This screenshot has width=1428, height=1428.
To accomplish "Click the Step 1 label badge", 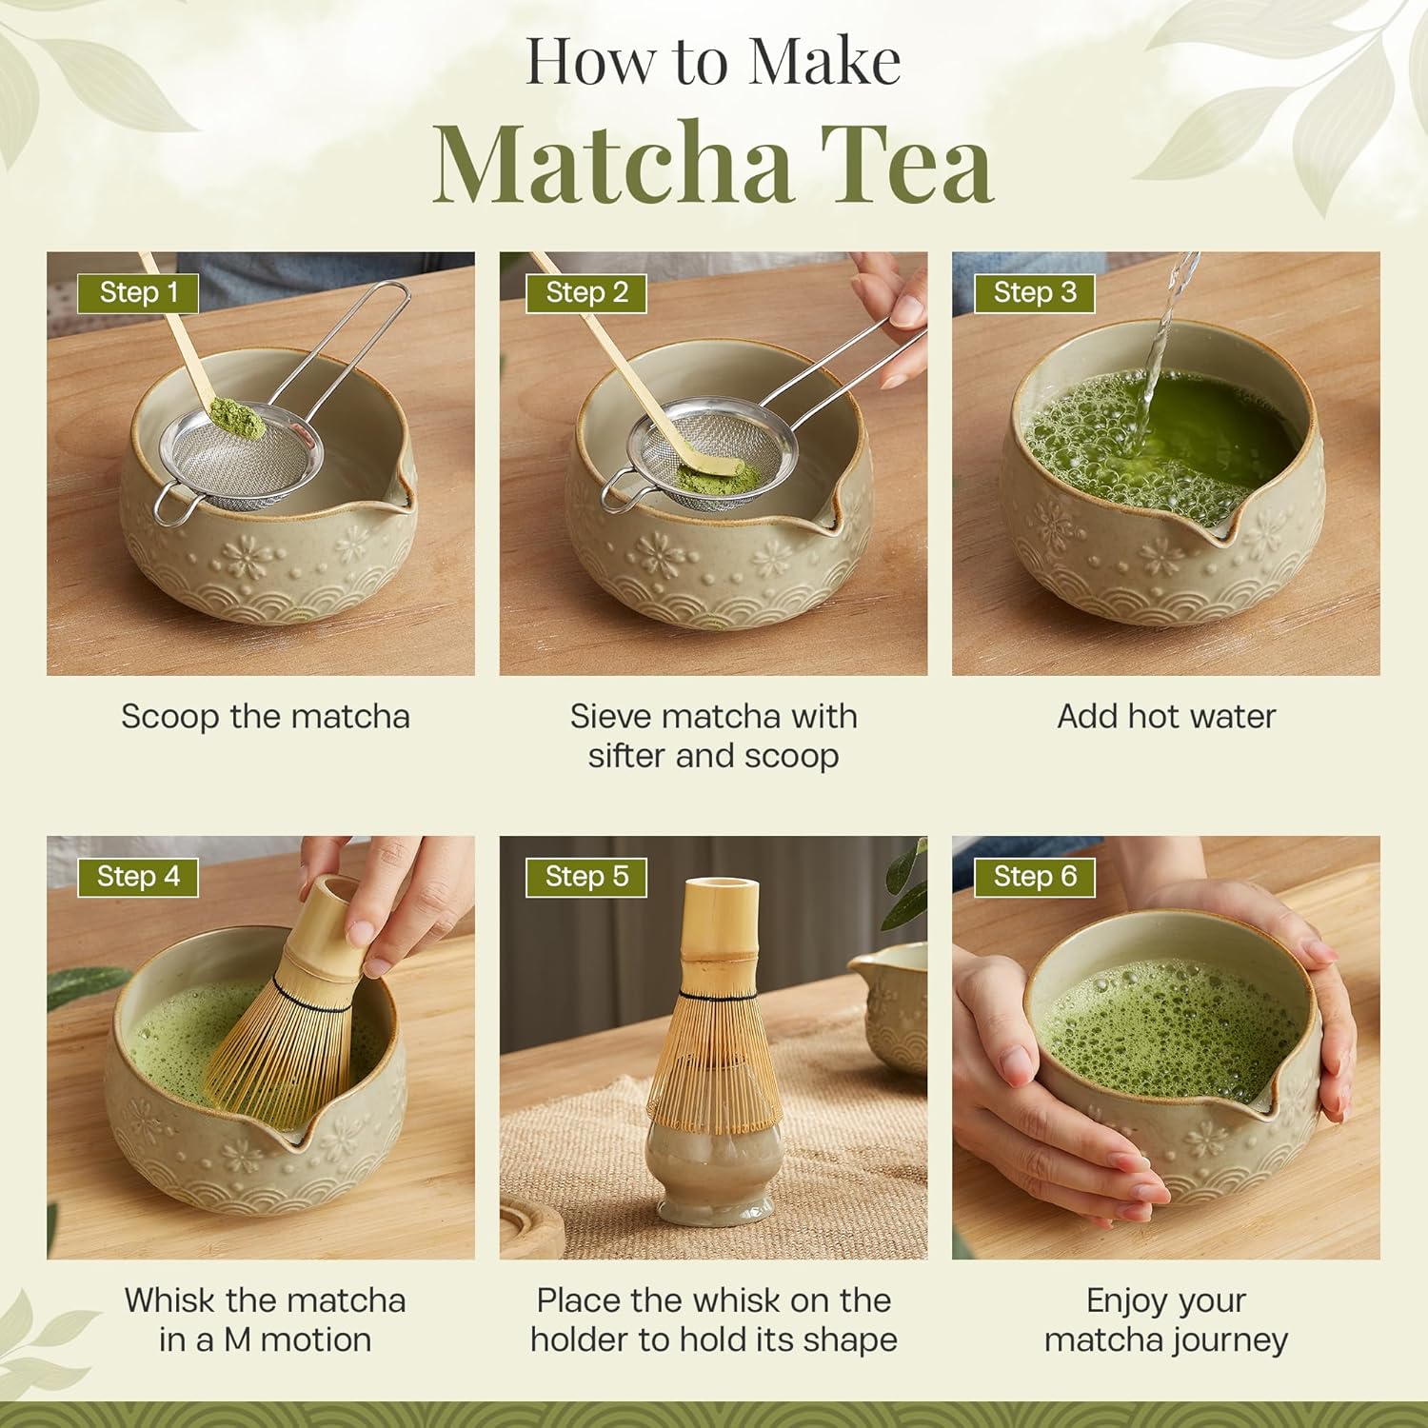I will pos(138,292).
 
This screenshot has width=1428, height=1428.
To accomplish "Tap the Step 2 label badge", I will pos(586,292).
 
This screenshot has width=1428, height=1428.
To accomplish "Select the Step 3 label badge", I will pos(1035,292).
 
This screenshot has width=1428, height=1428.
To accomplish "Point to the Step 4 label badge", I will pos(138,876).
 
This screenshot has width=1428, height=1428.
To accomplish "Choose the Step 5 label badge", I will pos(586,876).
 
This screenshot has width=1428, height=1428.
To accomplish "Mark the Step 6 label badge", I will pos(1035,876).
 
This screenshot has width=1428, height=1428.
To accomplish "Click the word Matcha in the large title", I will pos(612,164).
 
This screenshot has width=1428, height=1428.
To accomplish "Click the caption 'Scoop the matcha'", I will pos(265,716).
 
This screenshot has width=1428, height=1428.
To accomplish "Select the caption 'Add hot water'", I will pos(1166,716).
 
